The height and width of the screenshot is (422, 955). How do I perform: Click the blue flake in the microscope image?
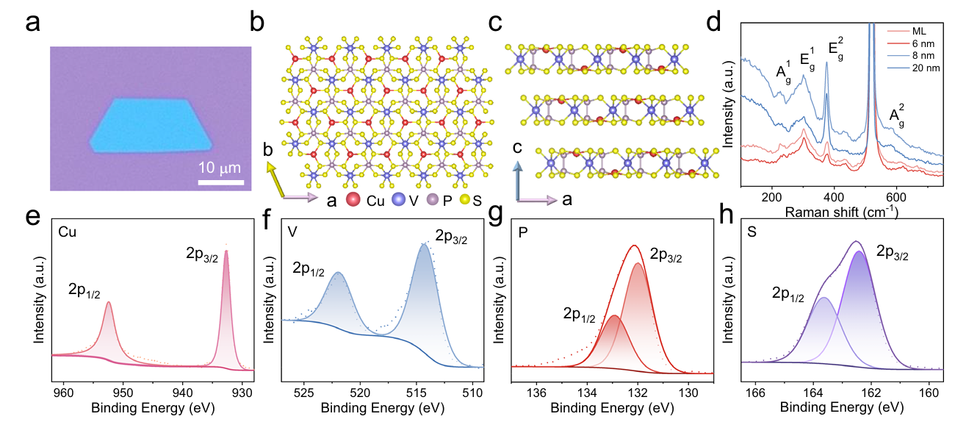click(151, 126)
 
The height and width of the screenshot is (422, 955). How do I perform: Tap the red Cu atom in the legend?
click(354, 199)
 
